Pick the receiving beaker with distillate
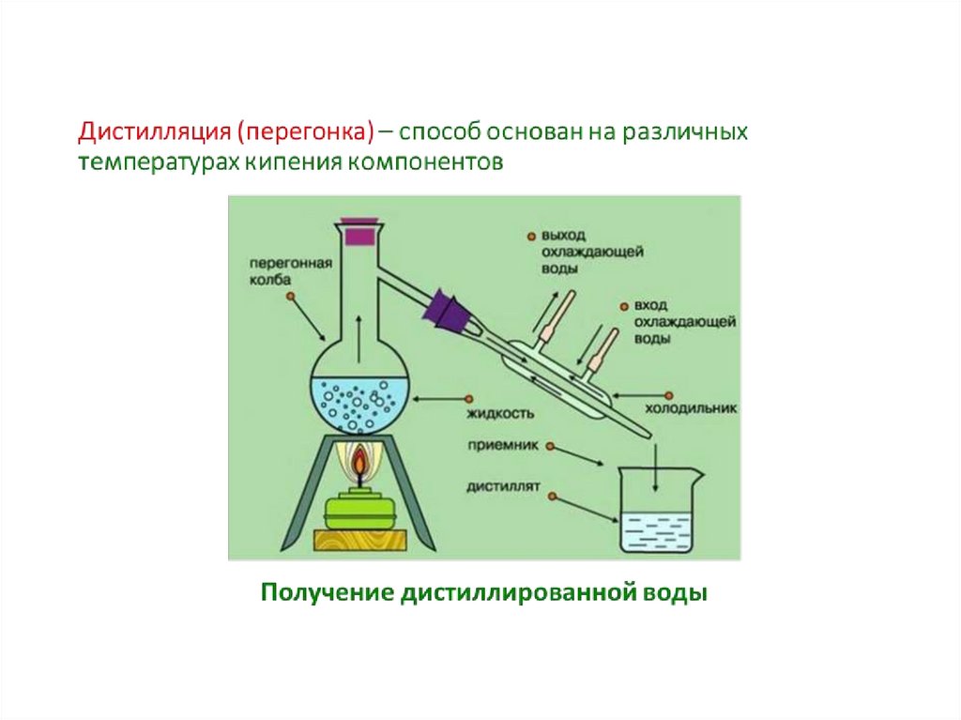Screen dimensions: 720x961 [658, 512]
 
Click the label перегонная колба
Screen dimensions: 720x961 [291, 271]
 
